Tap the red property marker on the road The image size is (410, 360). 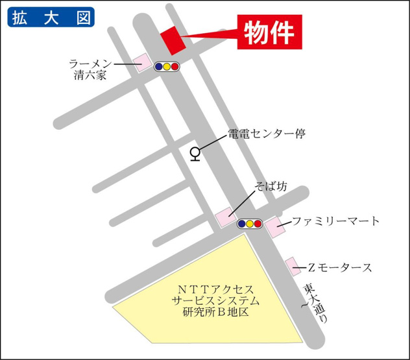[171, 41]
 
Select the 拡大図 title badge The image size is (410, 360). [51, 17]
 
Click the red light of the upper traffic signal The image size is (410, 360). [175, 66]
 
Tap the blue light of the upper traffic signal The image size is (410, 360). [158, 66]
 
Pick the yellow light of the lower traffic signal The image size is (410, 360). [250, 224]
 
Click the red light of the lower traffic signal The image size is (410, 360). [258, 224]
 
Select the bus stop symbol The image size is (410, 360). [194, 154]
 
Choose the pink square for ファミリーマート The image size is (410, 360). [272, 226]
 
